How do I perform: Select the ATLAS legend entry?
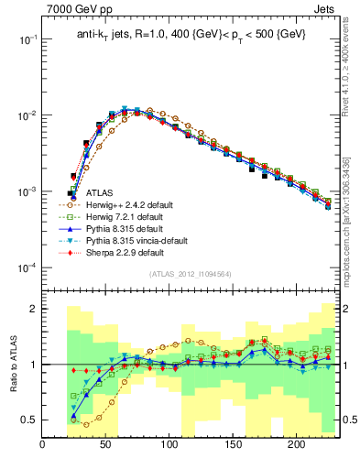pos(100,193)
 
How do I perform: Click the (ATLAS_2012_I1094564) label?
pos(190,274)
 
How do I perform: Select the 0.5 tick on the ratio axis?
pos(29,420)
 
